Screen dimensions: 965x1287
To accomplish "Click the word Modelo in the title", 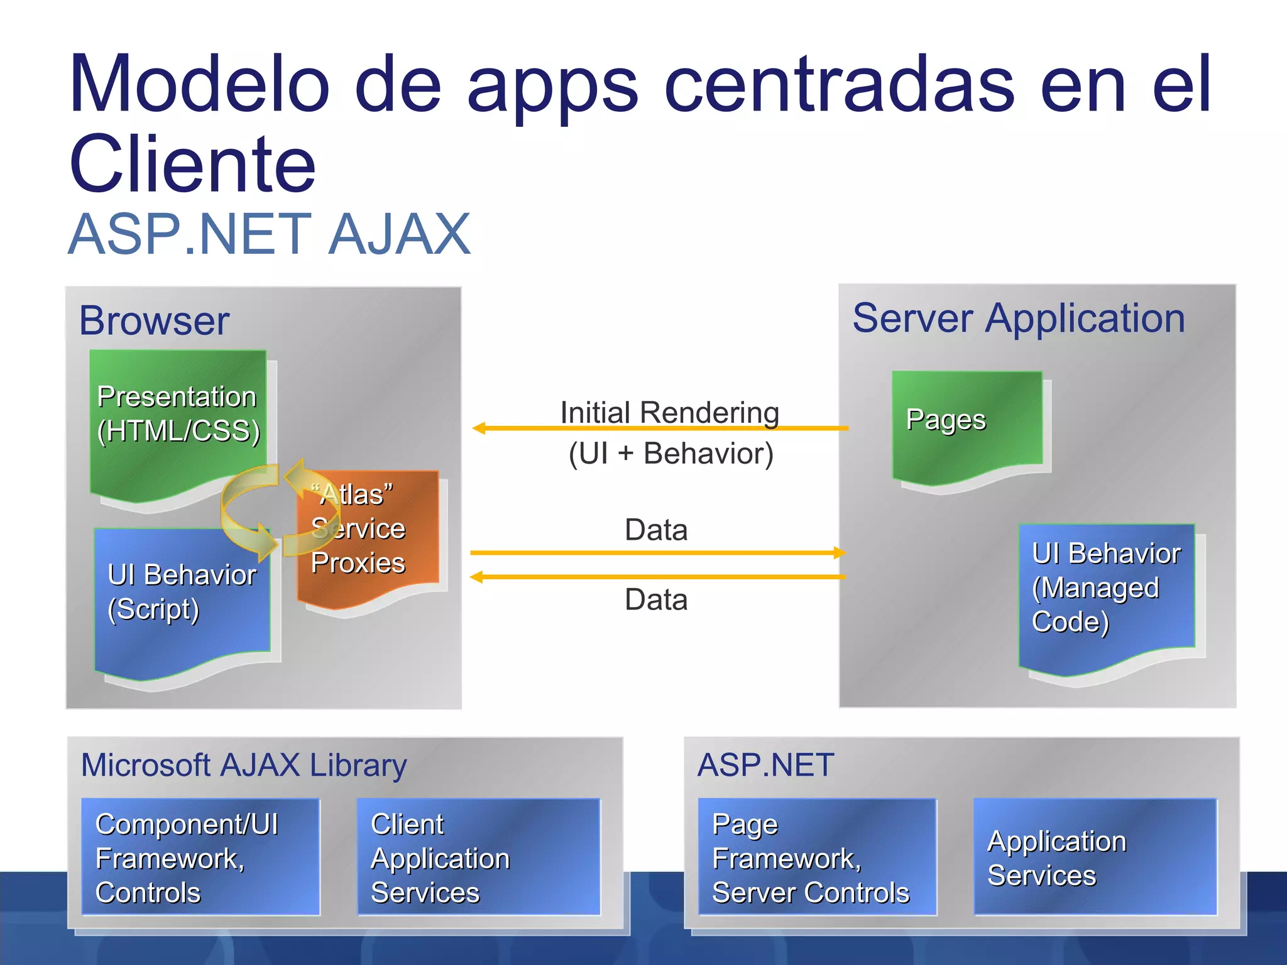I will [x=200, y=85].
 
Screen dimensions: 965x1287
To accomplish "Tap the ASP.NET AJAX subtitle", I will [x=269, y=234].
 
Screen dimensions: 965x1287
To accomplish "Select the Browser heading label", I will [x=154, y=320].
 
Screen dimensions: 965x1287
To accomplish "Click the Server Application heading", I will [x=1018, y=318].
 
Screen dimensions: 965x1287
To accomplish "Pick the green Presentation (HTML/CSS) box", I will [x=178, y=415].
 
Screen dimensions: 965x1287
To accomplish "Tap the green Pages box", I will [x=967, y=421].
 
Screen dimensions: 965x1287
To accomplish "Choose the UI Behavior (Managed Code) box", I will [x=1106, y=591].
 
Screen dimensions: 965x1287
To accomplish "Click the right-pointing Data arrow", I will [x=657, y=553].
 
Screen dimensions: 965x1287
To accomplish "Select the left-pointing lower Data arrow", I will [x=657, y=577].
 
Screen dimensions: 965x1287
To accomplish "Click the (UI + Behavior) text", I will [x=671, y=454].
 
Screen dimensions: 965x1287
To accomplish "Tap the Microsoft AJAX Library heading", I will [x=244, y=765].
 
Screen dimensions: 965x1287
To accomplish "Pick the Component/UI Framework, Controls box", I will [x=200, y=857].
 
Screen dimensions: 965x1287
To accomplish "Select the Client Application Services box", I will [x=478, y=857].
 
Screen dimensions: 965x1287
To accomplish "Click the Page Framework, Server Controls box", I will [x=817, y=857].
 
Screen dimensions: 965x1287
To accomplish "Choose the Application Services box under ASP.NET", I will [x=1095, y=857].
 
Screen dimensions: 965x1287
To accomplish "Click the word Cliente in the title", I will [x=192, y=165].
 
